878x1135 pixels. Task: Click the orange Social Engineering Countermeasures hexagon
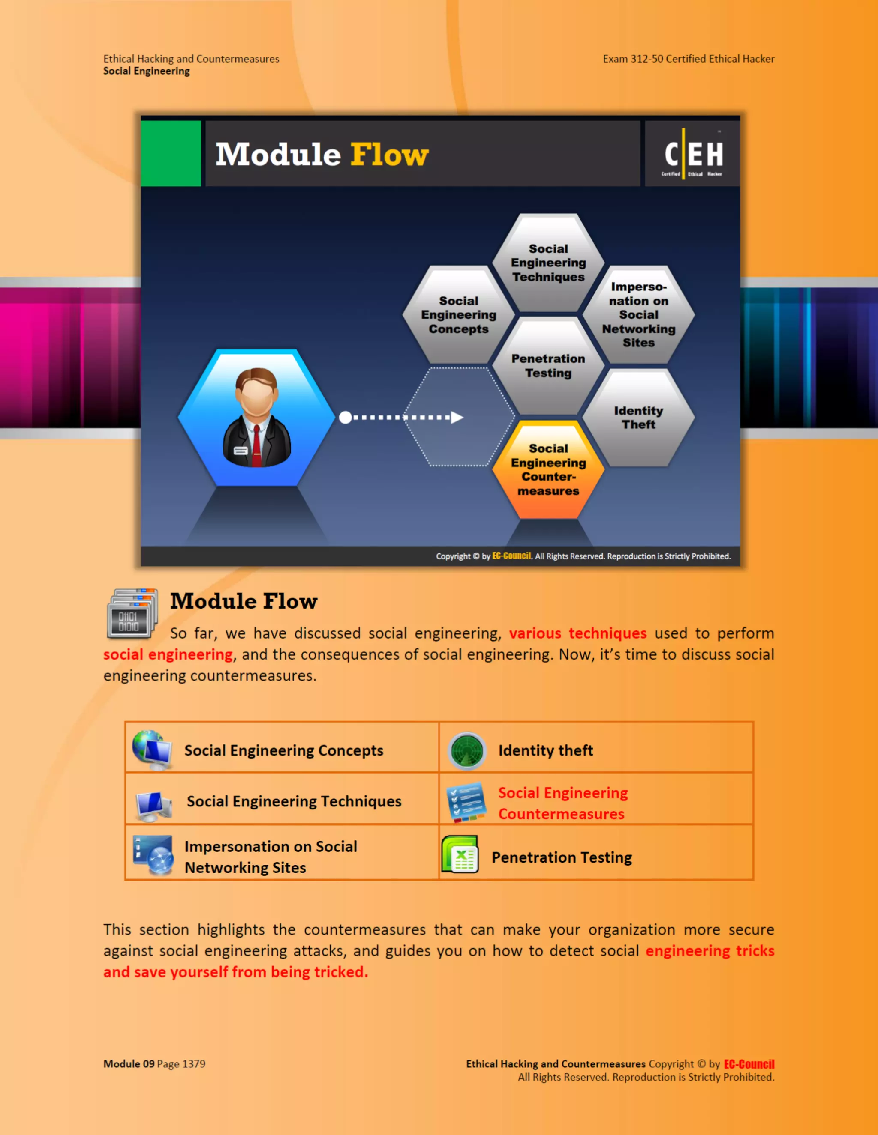coord(548,469)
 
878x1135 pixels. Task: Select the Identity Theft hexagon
coord(638,417)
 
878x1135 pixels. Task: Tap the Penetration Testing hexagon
coord(548,366)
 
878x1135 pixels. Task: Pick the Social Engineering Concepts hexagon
coord(458,314)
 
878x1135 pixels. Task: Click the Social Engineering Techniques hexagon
coord(548,263)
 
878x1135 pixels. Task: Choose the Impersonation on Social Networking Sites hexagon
coord(638,314)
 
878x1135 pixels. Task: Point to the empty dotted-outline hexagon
coord(459,417)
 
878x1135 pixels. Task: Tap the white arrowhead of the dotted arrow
coord(457,417)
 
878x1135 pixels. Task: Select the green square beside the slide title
coord(171,153)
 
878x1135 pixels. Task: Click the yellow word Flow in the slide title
coord(389,155)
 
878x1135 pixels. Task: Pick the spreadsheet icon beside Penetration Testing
coord(460,854)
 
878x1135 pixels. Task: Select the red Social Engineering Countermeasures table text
coord(562,803)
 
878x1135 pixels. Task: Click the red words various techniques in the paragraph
coord(577,633)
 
